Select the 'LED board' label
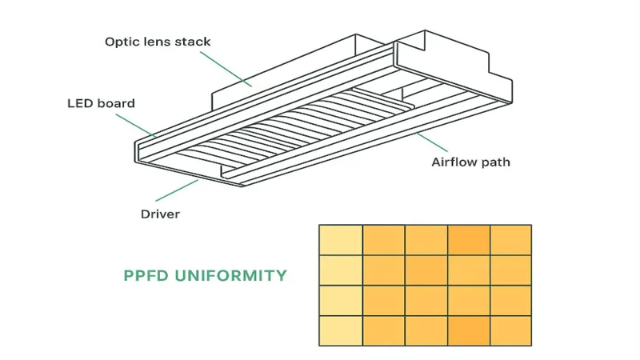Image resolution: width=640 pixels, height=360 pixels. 101,103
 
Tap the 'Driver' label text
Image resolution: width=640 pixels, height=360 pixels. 160,214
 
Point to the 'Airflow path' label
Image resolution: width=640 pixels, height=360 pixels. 470,162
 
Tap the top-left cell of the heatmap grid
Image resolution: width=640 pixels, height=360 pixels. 340,240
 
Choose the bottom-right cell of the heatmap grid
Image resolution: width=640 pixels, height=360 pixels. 510,330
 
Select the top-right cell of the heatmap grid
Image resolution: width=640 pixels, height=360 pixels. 510,240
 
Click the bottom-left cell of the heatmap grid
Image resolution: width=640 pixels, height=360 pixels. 340,330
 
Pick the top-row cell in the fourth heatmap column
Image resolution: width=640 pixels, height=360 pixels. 468,240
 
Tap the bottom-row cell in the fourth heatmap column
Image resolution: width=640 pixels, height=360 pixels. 468,330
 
